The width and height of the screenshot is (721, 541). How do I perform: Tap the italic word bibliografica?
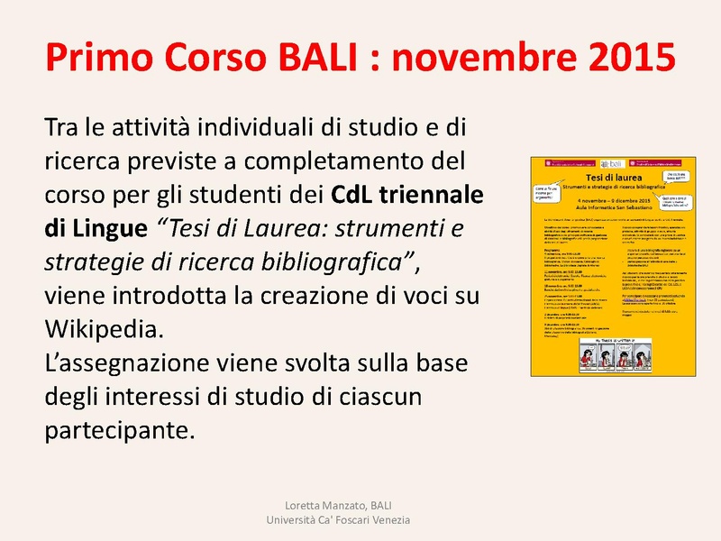coord(338,261)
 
